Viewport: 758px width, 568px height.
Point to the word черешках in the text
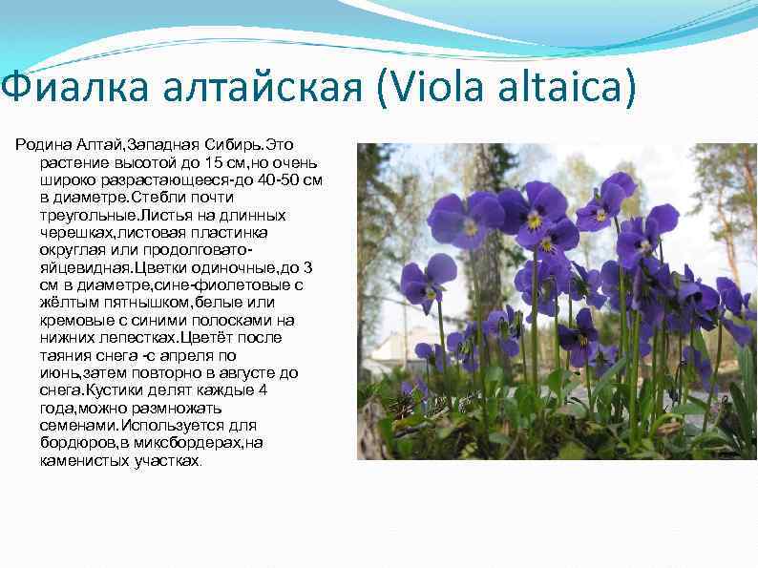77,232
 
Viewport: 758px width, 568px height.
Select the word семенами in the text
75,425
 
